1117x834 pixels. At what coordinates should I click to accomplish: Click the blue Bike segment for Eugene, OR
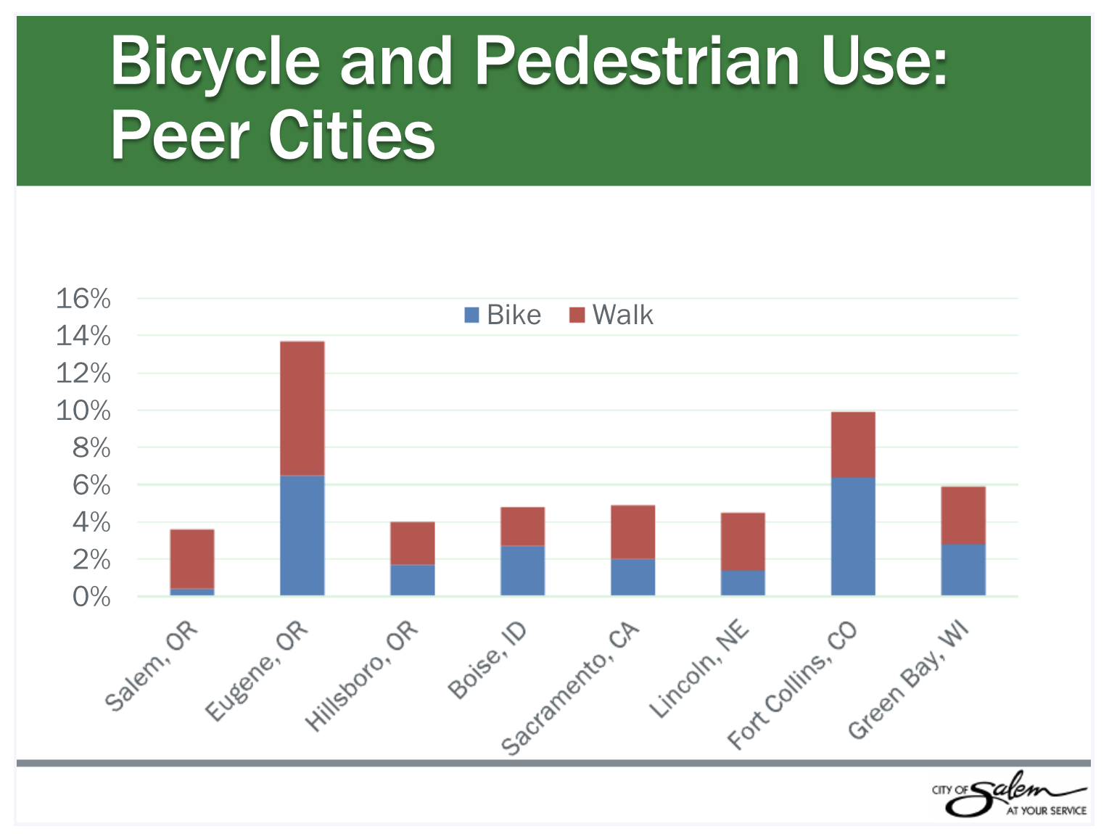point(302,535)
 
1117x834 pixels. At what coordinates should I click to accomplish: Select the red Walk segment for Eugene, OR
point(302,408)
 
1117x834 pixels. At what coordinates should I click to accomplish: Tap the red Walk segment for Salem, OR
point(192,558)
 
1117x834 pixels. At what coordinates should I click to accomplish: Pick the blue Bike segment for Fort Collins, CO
point(853,536)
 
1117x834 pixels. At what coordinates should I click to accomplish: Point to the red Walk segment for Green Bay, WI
point(963,515)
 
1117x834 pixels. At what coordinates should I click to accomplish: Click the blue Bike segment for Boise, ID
point(522,570)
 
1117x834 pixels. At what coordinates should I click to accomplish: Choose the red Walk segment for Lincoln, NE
point(743,541)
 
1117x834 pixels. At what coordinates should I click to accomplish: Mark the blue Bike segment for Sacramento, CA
point(632,577)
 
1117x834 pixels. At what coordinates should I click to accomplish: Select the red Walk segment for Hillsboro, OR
point(412,543)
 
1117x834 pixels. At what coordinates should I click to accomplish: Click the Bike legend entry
point(503,315)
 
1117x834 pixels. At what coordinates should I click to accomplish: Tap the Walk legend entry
point(611,315)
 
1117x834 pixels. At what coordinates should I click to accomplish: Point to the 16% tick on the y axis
point(83,299)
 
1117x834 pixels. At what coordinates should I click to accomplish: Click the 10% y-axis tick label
point(83,411)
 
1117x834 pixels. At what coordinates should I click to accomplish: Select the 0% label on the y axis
point(91,597)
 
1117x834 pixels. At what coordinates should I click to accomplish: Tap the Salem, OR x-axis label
point(152,666)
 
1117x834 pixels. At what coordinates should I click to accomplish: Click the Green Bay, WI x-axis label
point(908,680)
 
